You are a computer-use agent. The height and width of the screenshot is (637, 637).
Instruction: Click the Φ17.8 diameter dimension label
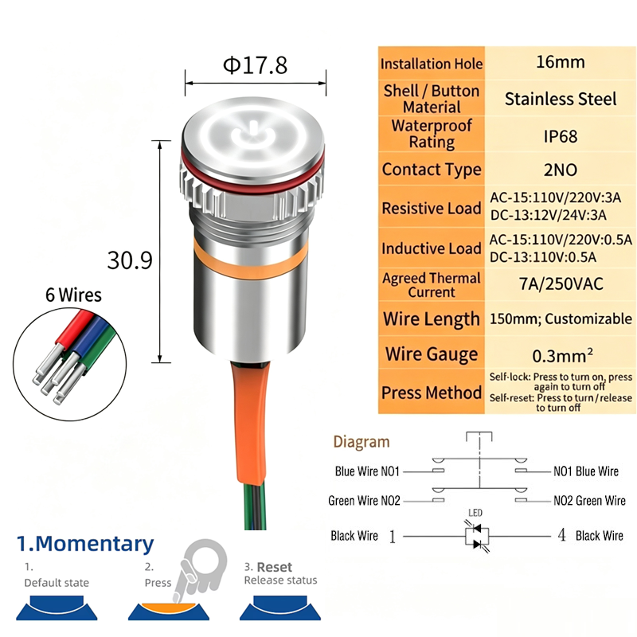click(255, 65)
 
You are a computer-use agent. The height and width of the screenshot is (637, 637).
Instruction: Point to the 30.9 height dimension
click(130, 260)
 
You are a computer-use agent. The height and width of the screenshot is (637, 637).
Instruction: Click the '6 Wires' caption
click(73, 295)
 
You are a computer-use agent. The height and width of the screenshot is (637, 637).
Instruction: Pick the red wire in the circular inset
click(74, 326)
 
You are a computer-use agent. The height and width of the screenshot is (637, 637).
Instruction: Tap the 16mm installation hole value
click(561, 62)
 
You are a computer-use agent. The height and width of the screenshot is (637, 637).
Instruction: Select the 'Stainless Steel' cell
click(561, 99)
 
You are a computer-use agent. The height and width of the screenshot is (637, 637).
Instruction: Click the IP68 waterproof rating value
click(561, 136)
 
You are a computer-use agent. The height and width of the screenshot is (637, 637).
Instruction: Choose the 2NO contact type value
click(561, 170)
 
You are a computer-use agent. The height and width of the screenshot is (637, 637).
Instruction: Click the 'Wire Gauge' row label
click(432, 354)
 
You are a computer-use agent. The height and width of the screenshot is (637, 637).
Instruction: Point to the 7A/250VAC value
click(561, 284)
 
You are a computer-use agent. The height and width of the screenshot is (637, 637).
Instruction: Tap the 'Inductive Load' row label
click(432, 248)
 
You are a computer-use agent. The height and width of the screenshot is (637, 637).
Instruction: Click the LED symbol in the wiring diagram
click(477, 535)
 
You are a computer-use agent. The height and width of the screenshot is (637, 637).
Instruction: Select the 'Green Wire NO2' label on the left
click(365, 501)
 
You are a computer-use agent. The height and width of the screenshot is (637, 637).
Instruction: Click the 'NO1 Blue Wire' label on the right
click(586, 471)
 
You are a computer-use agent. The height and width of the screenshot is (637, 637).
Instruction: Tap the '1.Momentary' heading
click(85, 544)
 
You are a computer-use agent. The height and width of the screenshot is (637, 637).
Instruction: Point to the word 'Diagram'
click(361, 442)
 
